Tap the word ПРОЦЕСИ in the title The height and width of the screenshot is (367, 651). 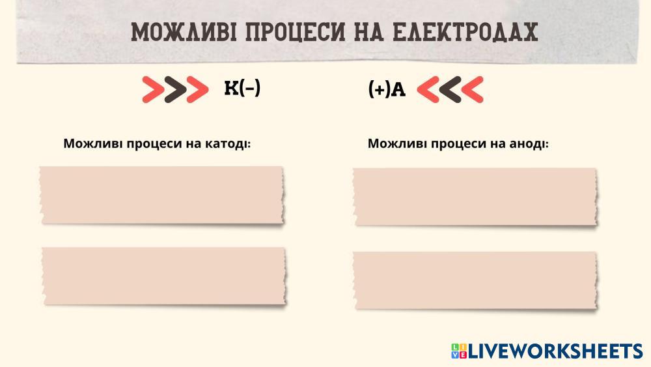[x=295, y=32]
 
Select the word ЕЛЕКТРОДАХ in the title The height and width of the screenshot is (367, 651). [x=465, y=32]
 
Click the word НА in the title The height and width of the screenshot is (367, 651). [x=369, y=32]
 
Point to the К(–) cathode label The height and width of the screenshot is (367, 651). [x=242, y=88]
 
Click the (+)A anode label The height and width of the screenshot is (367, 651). [x=387, y=89]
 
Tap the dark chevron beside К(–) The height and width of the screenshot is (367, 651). [x=175, y=89]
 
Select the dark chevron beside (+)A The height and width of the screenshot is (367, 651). [x=450, y=89]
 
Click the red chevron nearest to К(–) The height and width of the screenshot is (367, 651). [x=198, y=89]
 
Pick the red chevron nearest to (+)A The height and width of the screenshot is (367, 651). [x=428, y=89]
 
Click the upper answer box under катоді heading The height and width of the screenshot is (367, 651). [x=162, y=196]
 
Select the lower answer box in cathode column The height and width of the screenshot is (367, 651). [x=165, y=276]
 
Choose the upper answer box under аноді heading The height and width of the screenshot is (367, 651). [x=475, y=197]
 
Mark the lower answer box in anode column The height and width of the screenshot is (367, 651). [x=475, y=280]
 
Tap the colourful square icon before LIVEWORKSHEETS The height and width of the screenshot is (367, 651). [x=459, y=351]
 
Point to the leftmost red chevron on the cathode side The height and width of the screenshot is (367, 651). [x=153, y=89]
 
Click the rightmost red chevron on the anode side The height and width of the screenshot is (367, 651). [x=473, y=89]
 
